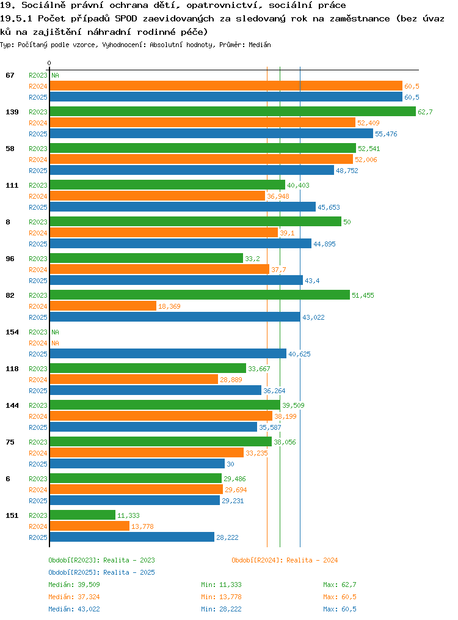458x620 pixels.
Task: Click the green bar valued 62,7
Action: point(233,111)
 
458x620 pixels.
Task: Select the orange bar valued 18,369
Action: point(103,306)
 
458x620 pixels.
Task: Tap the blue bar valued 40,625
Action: point(168,353)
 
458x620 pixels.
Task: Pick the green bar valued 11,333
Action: point(82,515)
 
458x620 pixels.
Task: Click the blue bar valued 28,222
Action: point(132,537)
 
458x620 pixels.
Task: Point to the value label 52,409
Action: point(368,123)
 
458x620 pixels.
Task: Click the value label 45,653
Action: point(329,207)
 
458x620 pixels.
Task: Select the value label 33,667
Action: point(259,369)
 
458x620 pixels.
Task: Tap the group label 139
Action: point(12,112)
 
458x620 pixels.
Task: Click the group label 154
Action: point(12,332)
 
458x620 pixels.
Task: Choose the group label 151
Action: point(12,515)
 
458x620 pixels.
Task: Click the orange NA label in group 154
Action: point(56,343)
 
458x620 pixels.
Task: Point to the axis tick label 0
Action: point(49,63)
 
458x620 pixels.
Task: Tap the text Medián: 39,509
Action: point(75,585)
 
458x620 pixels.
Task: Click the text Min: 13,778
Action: point(221,597)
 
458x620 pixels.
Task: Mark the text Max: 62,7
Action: point(340,585)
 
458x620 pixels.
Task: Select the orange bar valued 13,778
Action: point(90,526)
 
